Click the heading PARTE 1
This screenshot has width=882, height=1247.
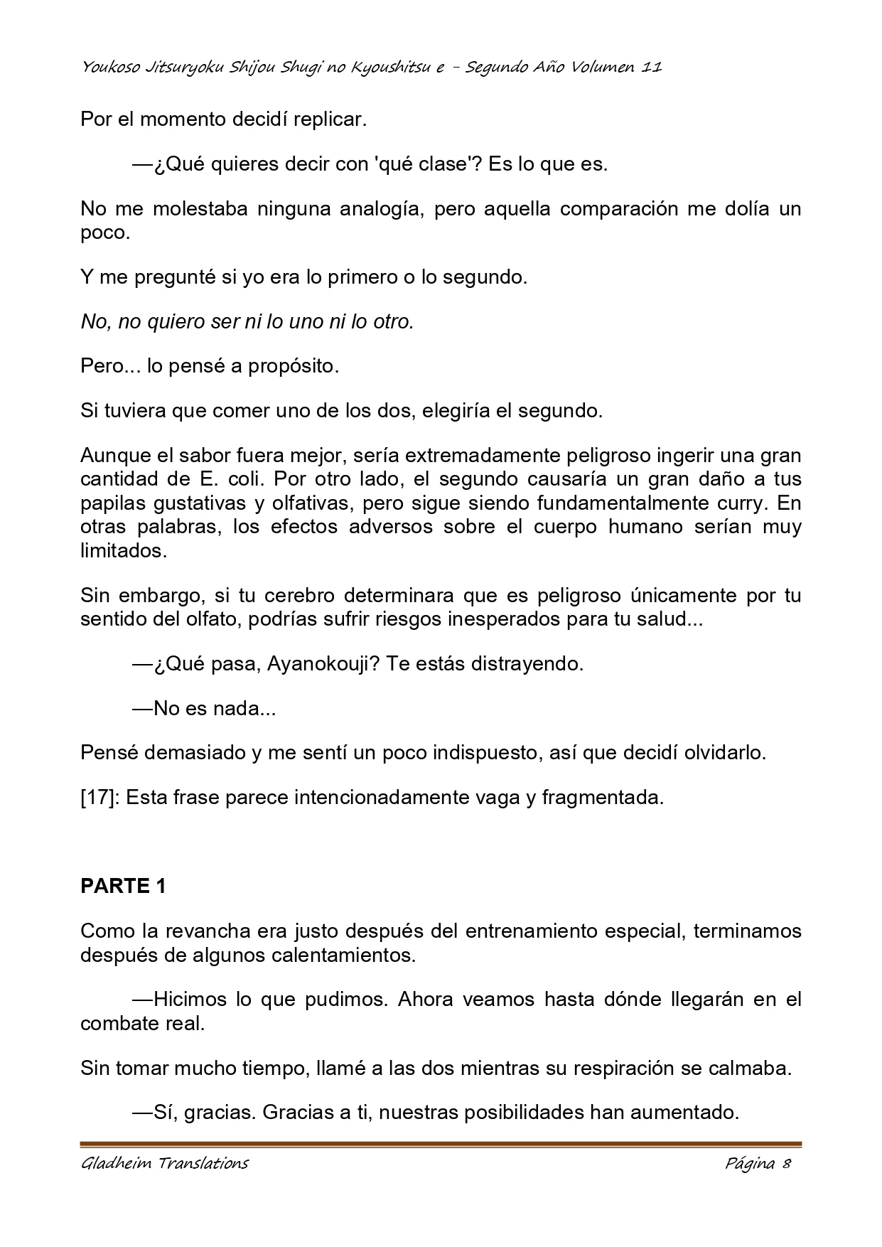[x=123, y=887]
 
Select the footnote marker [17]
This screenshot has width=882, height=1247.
[x=102, y=798]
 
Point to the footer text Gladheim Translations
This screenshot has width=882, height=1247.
[x=164, y=1164]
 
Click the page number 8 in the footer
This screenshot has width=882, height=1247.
[x=786, y=1164]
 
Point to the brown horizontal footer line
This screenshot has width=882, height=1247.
[x=441, y=1145]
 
